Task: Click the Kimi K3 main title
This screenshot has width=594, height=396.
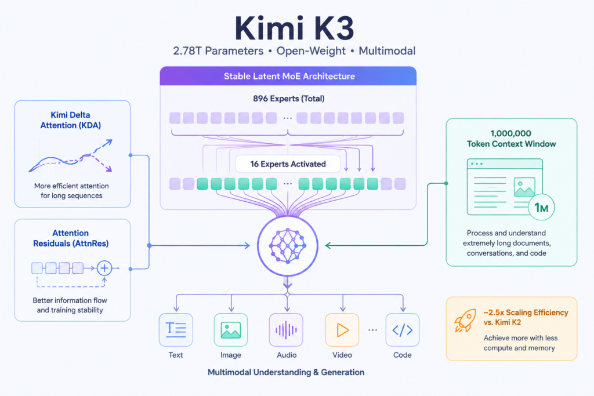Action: pyautogui.click(x=294, y=28)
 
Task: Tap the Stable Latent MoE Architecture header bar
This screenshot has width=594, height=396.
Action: pyautogui.click(x=288, y=76)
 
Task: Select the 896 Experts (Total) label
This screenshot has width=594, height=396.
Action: pyautogui.click(x=289, y=99)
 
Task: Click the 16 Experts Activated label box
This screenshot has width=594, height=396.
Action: pyautogui.click(x=288, y=164)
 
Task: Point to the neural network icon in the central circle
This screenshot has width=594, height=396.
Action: pyautogui.click(x=288, y=246)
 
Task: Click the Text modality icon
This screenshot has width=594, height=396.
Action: pyautogui.click(x=176, y=330)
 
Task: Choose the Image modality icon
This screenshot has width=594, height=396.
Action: pyautogui.click(x=231, y=330)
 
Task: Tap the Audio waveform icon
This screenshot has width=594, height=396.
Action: pyautogui.click(x=286, y=330)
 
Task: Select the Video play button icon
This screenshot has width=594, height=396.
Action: pyautogui.click(x=342, y=330)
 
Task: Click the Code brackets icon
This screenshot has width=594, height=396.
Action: pyautogui.click(x=403, y=330)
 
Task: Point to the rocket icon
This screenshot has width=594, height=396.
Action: pyautogui.click(x=465, y=320)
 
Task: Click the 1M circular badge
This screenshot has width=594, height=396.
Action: pyautogui.click(x=541, y=208)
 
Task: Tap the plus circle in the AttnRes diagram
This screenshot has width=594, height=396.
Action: pyautogui.click(x=104, y=268)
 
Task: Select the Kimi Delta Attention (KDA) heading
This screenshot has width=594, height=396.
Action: pyautogui.click(x=71, y=120)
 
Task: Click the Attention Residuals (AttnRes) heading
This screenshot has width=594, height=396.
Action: pyautogui.click(x=71, y=238)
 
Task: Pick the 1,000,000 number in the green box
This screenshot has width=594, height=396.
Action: pyautogui.click(x=510, y=133)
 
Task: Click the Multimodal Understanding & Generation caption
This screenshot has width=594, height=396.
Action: pyautogui.click(x=286, y=372)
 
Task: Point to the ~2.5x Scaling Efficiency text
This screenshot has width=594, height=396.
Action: pyautogui.click(x=526, y=313)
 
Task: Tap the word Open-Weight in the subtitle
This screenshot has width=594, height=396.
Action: pyautogui.click(x=311, y=51)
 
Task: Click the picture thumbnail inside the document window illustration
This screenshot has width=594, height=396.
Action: pyautogui.click(x=524, y=187)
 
